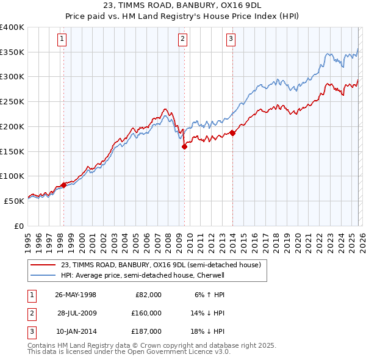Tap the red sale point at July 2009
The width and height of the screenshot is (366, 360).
coord(184,146)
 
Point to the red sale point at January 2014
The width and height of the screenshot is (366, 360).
coord(232,132)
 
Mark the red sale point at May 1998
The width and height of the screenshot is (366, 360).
coord(63,185)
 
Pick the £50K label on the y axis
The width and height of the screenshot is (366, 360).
coord(15,200)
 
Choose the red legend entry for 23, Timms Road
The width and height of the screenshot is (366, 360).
coord(161,265)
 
